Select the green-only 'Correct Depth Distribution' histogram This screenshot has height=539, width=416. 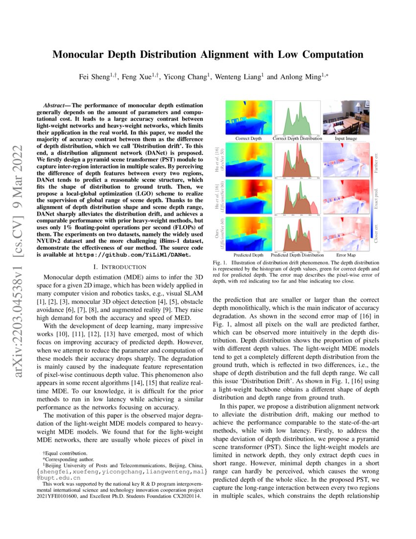coord(298,117)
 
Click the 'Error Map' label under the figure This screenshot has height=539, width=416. coord(346,255)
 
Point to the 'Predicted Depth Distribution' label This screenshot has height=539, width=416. coord(298,255)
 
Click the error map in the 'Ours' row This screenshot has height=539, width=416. coord(346,234)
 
